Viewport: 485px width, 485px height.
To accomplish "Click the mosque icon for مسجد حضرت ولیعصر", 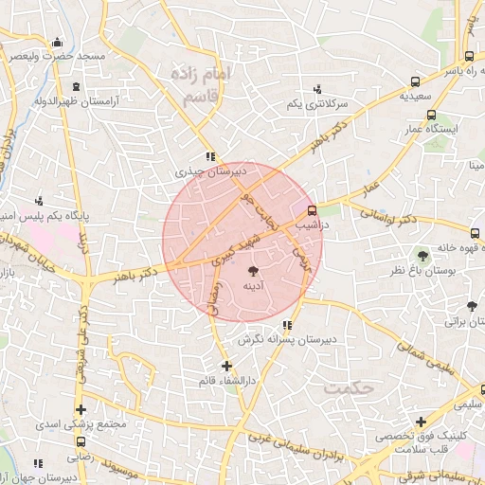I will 58,42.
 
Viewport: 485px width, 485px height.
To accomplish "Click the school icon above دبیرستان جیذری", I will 211,157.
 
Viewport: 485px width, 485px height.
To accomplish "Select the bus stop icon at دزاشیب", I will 314,213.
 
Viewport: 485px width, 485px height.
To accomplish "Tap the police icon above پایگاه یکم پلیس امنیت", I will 39,201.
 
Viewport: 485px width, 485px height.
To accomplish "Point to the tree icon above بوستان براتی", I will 472,306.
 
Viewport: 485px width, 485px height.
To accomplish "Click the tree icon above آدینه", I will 252,271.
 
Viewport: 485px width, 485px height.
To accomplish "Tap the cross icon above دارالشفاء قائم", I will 225,366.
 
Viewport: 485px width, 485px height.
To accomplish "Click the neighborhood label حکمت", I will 350,388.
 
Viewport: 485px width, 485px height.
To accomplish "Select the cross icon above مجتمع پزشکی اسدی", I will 79,409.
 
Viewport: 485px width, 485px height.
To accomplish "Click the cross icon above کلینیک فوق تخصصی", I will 421,421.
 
